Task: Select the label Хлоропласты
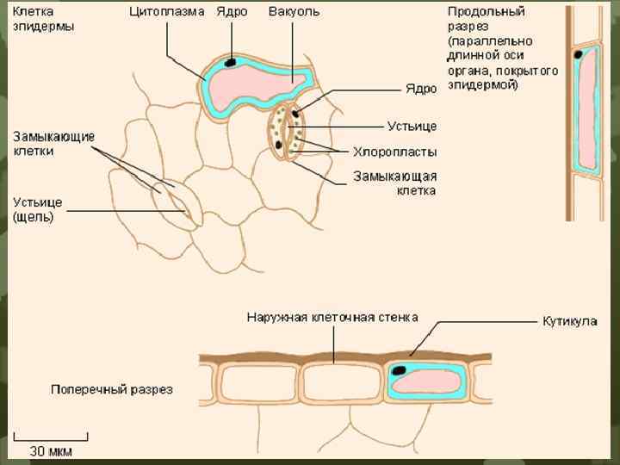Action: click(394, 152)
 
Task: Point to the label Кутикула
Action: click(569, 322)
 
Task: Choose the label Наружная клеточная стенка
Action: click(332, 317)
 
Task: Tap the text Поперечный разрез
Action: click(112, 388)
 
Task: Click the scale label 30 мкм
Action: click(51, 450)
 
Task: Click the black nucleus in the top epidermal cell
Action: click(231, 62)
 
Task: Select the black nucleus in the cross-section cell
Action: click(400, 370)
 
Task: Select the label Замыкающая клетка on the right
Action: click(395, 183)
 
